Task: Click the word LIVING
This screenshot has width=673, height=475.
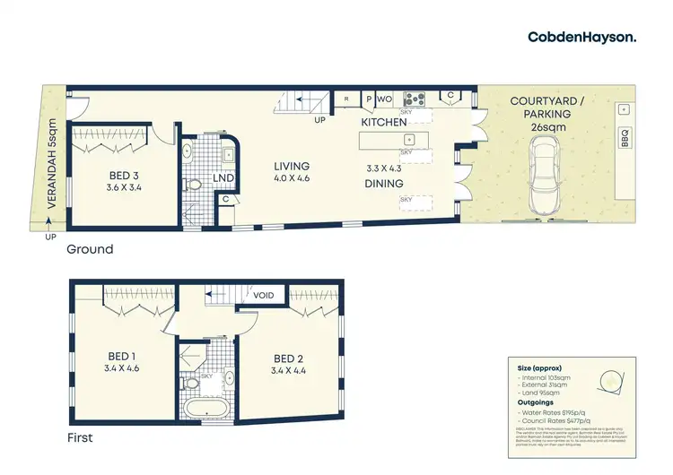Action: [292, 167]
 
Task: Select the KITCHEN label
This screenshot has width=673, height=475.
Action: [384, 121]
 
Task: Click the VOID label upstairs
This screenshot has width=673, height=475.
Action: [263, 295]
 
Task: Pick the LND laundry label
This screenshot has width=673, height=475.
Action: [224, 179]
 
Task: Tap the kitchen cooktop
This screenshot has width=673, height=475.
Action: [415, 99]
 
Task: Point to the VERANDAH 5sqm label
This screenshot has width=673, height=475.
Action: [51, 176]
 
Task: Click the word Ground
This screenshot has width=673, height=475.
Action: [90, 249]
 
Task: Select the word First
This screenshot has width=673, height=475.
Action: [82, 439]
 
